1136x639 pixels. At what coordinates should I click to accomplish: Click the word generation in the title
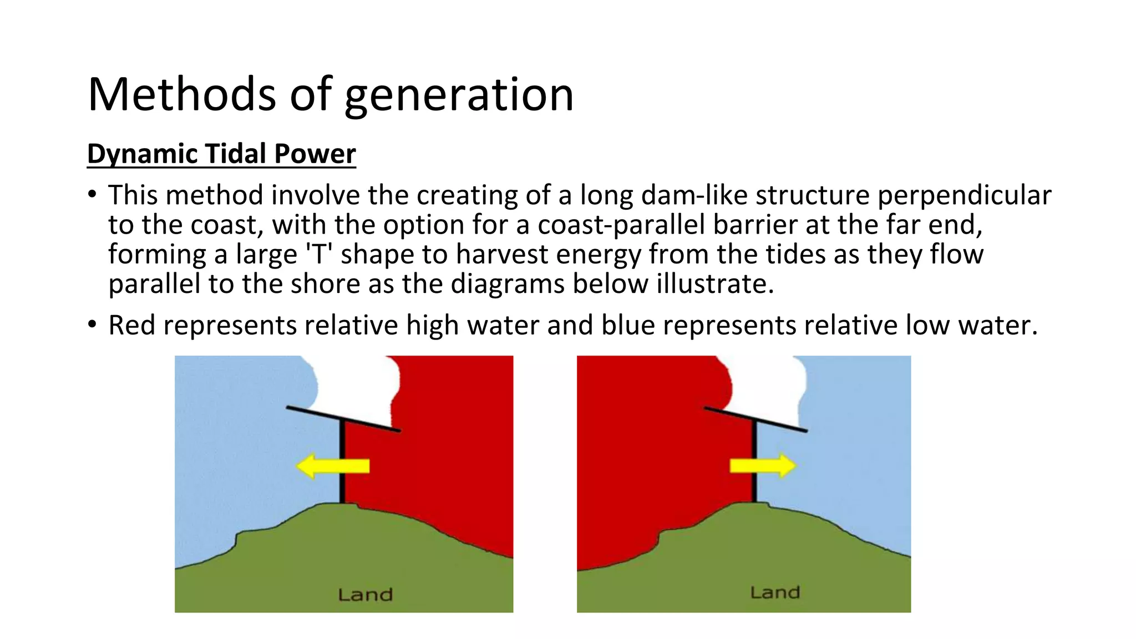click(x=459, y=95)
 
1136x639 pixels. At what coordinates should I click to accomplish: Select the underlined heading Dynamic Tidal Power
click(x=221, y=154)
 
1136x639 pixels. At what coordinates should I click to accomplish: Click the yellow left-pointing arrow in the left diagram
click(x=332, y=465)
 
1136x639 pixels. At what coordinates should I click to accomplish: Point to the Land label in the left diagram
click(x=365, y=595)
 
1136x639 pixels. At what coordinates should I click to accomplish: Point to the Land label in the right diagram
click(x=775, y=592)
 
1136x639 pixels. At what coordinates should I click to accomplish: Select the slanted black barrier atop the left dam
click(x=343, y=419)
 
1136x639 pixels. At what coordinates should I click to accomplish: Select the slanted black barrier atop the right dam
click(x=755, y=419)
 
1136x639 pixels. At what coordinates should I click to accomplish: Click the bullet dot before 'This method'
click(x=92, y=195)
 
